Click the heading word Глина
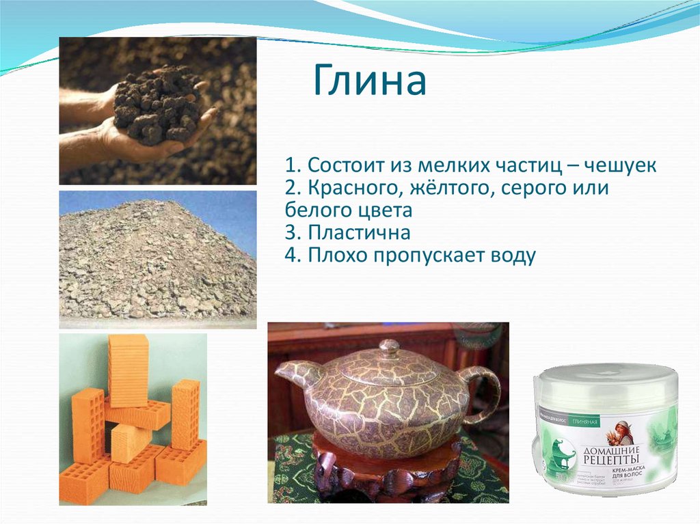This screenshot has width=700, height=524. pyautogui.click(x=370, y=82)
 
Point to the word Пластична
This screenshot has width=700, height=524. pyautogui.click(x=358, y=232)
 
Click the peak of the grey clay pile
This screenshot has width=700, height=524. pyautogui.click(x=164, y=204)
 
